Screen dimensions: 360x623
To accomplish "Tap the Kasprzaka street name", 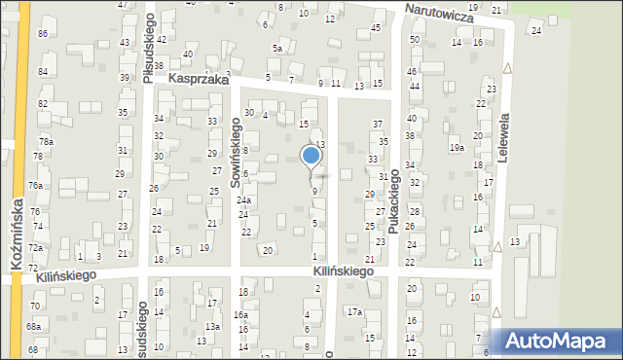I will pyautogui.click(x=199, y=80).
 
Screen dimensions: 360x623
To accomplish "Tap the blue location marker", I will pyautogui.click(x=311, y=156).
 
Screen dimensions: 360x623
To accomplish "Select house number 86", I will pyautogui.click(x=43, y=34).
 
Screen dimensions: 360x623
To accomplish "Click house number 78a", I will pyautogui.click(x=46, y=142).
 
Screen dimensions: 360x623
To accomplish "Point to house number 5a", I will pyautogui.click(x=277, y=49).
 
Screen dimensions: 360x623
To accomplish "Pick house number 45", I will pyautogui.click(x=376, y=27).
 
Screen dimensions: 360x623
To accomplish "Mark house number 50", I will pyautogui.click(x=415, y=39).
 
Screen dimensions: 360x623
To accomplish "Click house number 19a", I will pyautogui.click(x=456, y=147).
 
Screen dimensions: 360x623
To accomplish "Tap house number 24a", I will pyautogui.click(x=244, y=200).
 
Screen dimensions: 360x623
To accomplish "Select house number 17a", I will pyautogui.click(x=355, y=311).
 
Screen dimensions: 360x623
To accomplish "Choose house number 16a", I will pyautogui.click(x=240, y=315).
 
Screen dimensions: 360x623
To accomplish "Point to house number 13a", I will pyautogui.click(x=212, y=326).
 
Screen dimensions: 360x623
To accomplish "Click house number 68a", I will pyautogui.click(x=34, y=326).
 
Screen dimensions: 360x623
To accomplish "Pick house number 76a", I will pyautogui.click(x=35, y=185).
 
